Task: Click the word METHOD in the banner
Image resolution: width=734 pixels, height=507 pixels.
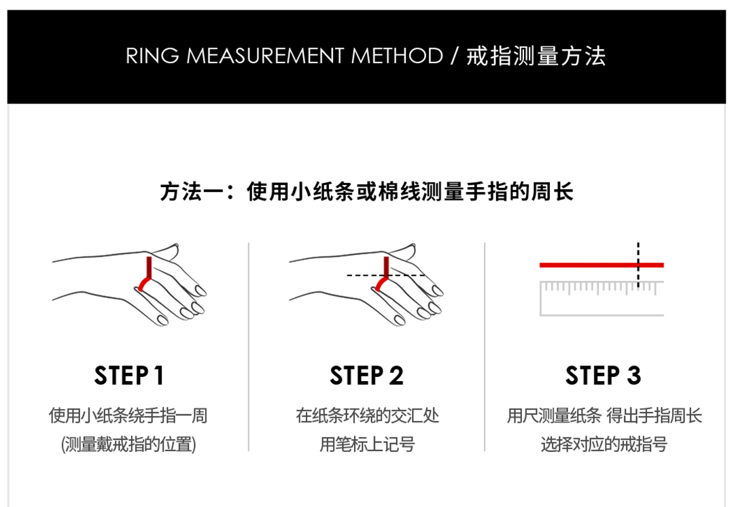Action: [397, 56]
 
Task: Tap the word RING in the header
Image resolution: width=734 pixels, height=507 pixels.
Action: [152, 56]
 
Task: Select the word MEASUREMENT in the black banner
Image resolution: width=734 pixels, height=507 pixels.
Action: [265, 56]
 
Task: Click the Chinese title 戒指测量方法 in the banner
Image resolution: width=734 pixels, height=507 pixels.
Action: [536, 56]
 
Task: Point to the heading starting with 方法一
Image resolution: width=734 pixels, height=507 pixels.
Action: [366, 192]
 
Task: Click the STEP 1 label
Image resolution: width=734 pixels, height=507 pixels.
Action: [128, 376]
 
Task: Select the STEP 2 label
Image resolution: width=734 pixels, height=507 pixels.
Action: [366, 376]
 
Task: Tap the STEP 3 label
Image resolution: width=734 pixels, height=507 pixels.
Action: [603, 376]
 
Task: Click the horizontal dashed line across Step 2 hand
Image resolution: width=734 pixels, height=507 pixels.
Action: [386, 275]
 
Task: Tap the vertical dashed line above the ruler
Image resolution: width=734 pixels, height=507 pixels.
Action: [638, 265]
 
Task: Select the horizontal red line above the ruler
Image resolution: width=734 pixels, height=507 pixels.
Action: [601, 265]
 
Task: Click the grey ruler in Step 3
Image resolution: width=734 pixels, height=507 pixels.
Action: [602, 298]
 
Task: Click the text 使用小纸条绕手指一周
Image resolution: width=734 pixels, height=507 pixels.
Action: [128, 416]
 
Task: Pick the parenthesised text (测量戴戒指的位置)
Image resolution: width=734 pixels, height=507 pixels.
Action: [128, 444]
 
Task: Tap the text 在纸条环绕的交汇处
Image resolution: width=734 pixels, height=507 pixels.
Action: [368, 416]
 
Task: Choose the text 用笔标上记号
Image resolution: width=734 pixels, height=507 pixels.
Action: [368, 444]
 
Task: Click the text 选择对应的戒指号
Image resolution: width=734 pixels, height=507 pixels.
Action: [604, 444]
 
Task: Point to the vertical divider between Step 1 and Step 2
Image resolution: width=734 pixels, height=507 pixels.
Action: [249, 347]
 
